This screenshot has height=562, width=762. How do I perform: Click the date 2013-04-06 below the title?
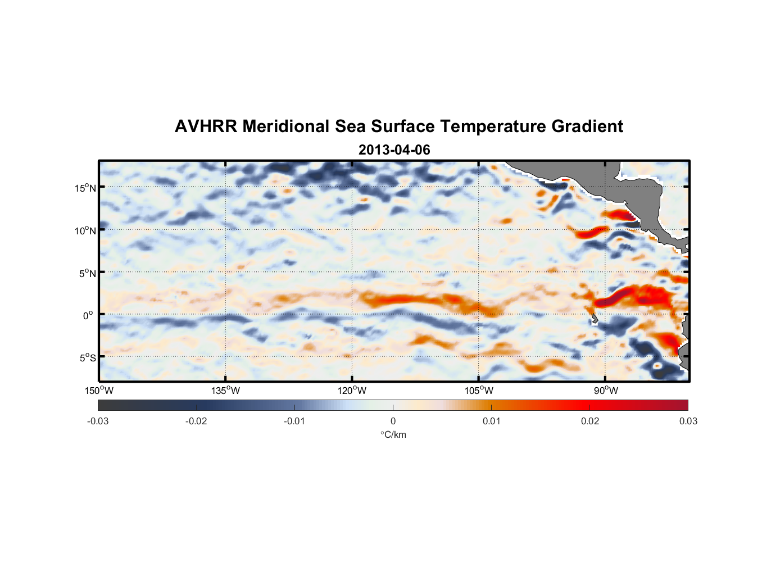coord(394,150)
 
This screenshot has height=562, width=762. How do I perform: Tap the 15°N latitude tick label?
coord(85,188)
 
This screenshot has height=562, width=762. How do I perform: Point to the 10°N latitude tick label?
coord(85,230)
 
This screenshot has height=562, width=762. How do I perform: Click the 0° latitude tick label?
coord(88,315)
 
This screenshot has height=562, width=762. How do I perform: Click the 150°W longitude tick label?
coord(99,391)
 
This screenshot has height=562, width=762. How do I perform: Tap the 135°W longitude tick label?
coord(225,391)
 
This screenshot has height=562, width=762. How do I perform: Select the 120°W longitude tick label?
coord(352,391)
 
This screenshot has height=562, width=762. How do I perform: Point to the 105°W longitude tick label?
coord(479,391)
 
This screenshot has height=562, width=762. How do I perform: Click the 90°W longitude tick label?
coord(605,391)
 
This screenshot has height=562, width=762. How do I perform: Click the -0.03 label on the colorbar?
coord(98,421)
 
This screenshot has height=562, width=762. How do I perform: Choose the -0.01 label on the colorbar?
coord(294,421)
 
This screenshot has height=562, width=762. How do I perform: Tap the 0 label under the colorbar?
coord(393,421)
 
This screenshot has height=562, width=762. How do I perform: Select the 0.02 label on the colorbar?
coord(590,421)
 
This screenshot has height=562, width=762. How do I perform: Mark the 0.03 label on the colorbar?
coord(688,421)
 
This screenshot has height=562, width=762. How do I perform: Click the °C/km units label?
coord(393,434)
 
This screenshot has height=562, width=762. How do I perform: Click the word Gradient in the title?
coord(587,126)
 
